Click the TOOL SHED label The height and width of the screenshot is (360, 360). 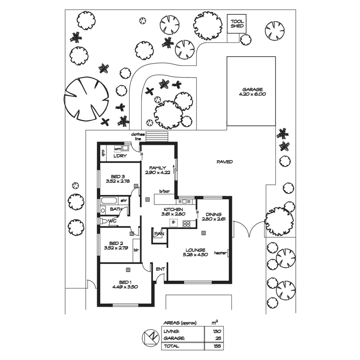pos(237,24)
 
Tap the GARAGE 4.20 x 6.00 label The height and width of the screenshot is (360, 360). pos(252,92)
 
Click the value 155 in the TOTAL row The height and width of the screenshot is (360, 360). pos(217,346)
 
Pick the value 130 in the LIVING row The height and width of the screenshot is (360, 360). pos(217,331)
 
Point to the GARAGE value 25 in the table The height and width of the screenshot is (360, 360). pos(218,339)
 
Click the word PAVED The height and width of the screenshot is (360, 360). pos(225,162)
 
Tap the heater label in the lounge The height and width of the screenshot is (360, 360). pos(220,253)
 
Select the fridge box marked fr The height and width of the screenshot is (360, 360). pos(174,222)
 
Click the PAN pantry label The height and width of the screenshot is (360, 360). pos(159,234)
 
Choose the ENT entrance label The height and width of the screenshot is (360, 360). pos(160,268)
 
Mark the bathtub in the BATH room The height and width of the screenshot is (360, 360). pos(109,201)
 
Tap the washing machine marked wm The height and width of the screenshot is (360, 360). pos(118,149)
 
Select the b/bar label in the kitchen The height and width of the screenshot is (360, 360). pos(164,191)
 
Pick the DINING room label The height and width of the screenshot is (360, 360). pos(214,214)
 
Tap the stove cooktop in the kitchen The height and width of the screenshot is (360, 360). pos(186,223)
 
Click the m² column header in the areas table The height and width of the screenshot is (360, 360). pos(215,322)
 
